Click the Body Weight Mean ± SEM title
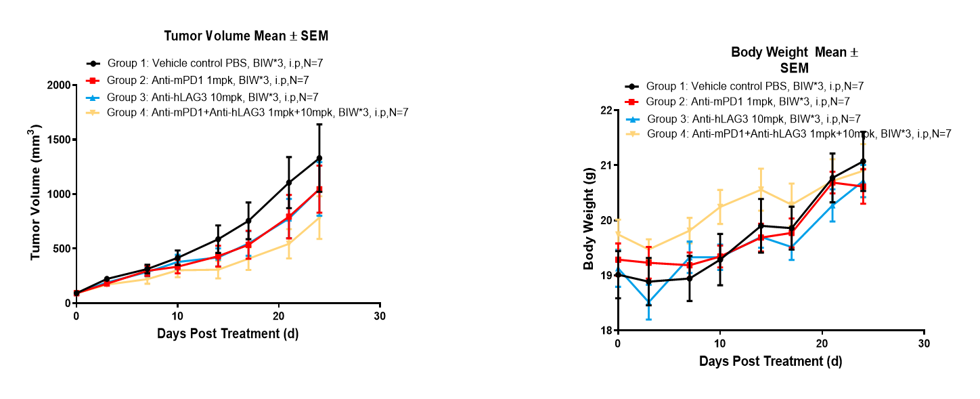(795, 60)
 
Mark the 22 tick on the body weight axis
(605, 110)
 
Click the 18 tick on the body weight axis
(605, 330)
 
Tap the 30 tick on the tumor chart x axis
(380, 316)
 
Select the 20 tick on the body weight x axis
(822, 344)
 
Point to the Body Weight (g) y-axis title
(589, 220)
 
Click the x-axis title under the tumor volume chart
(227, 333)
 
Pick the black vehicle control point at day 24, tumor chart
(319, 159)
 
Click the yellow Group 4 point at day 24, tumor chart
(319, 217)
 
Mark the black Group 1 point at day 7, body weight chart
(689, 278)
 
